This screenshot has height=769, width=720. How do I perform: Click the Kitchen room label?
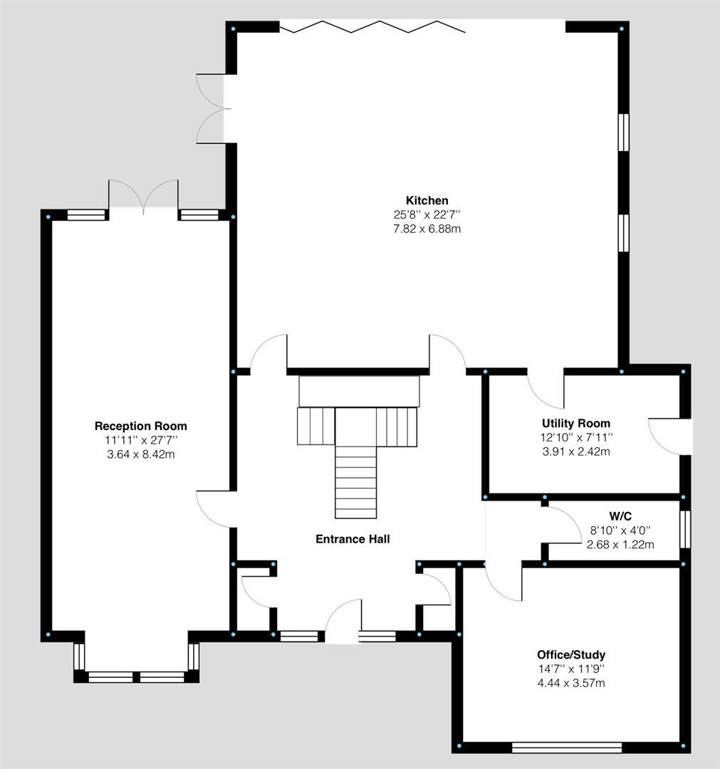427,200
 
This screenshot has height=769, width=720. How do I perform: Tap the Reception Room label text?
140,426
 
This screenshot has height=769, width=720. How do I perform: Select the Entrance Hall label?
353,539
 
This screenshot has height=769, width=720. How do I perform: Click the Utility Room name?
575,424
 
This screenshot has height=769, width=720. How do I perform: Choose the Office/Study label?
570,654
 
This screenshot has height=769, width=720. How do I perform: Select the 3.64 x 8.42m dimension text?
140,454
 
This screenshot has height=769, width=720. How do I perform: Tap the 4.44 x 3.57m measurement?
570,683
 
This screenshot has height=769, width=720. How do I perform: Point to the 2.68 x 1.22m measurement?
620,545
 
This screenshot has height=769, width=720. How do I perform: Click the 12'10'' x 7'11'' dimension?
575,437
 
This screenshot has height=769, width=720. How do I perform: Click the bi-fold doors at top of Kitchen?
372,27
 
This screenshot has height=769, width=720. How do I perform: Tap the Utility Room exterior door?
669,436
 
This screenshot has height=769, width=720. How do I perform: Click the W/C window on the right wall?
684,529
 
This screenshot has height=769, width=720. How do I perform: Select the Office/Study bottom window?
566,747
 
